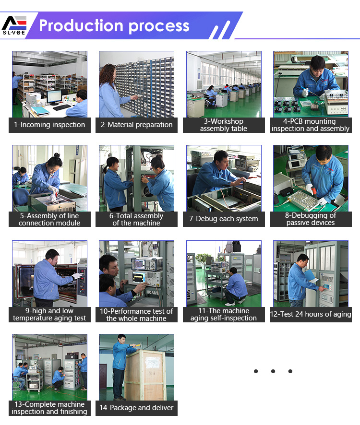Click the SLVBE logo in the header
[x=14, y=25]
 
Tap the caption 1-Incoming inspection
[x=49, y=125]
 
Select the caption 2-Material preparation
[x=137, y=125]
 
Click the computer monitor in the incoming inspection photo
[x=54, y=97]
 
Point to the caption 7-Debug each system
[x=224, y=219]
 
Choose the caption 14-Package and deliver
[x=136, y=408]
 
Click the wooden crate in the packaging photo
[x=145, y=375]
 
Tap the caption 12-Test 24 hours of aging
[x=311, y=314]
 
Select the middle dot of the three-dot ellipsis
[x=273, y=371]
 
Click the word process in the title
[x=159, y=26]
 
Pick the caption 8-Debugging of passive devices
[x=311, y=219]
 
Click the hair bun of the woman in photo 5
[x=57, y=155]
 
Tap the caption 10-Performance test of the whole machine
[x=136, y=315]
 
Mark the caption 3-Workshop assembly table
[x=224, y=125]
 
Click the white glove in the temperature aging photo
[x=77, y=276]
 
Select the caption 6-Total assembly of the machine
[x=136, y=219]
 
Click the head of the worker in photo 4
[x=317, y=63]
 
